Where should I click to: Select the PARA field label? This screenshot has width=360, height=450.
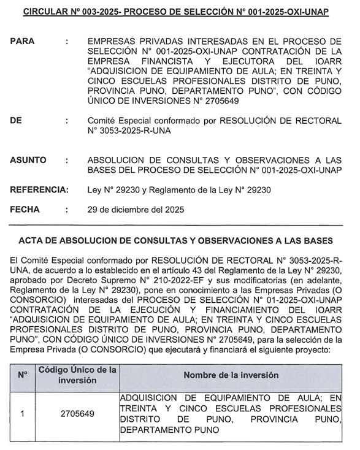pos(23,41)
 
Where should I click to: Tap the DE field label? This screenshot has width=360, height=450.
pos(16,121)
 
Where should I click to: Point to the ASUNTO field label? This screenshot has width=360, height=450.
pos(28,160)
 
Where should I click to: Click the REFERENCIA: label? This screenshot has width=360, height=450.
pos(39,190)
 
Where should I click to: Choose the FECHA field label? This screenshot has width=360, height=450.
pos(25,209)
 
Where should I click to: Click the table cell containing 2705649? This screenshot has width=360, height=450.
pos(77,414)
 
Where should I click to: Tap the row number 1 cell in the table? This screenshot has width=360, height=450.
pos(22,414)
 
